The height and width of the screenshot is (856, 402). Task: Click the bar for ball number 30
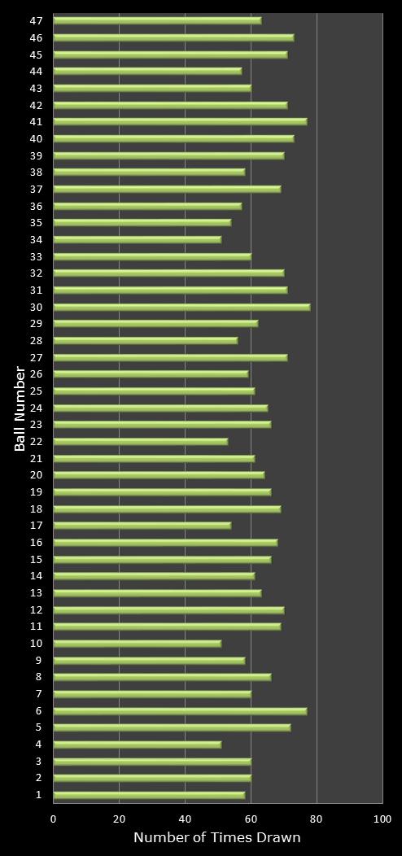pos(181,308)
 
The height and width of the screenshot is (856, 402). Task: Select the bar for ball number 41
pos(179,122)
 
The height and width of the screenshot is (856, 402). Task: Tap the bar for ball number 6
pos(179,711)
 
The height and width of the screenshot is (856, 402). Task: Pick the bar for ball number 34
pos(137,240)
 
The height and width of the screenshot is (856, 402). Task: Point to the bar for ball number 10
pos(137,644)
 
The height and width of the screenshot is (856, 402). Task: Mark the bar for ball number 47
pos(156,20)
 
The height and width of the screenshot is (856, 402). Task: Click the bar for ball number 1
pos(148,795)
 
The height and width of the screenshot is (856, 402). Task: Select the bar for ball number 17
pos(142,526)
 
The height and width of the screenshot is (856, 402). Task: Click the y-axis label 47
pos(36,20)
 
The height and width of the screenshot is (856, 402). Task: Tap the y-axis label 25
pos(36,391)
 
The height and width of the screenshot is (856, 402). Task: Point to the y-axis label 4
pos(38,745)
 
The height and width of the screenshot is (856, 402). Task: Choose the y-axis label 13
pos(36,593)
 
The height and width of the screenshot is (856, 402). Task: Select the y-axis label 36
pos(36,206)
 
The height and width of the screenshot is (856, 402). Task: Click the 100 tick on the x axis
pos(382,819)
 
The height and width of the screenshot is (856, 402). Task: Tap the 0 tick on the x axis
pos(54,819)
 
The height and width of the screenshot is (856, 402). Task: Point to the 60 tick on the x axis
pos(251,819)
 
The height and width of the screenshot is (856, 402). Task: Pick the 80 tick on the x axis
pos(317,819)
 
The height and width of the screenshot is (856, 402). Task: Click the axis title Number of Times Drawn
pos(217,838)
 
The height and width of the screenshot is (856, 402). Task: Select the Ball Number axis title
pos(20,408)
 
